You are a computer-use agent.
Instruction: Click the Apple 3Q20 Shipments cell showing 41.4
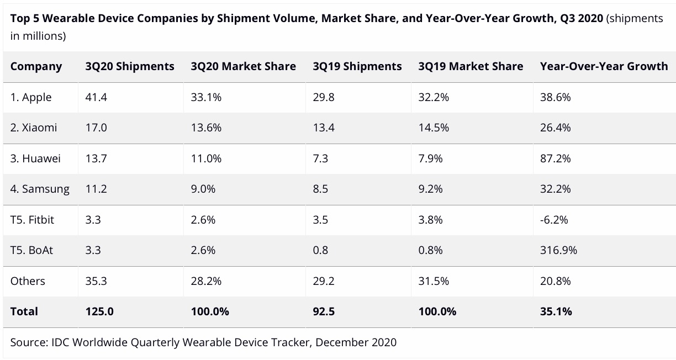[96, 97]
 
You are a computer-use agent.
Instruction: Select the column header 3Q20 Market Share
[243, 66]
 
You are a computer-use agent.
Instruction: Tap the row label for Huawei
[35, 158]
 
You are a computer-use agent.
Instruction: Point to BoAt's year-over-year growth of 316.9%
[558, 250]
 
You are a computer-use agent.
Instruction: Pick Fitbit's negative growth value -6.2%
[553, 220]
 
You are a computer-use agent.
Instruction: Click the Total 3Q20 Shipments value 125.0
[99, 311]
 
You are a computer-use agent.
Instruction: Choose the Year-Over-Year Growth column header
[604, 66]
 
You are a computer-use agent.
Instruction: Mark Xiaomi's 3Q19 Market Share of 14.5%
[434, 128]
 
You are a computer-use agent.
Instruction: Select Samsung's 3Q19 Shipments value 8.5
[320, 189]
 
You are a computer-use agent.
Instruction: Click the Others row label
[28, 281]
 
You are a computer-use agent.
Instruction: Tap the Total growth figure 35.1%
[556, 311]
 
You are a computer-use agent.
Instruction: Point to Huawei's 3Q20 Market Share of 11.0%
[206, 158]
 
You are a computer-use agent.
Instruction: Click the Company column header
[36, 66]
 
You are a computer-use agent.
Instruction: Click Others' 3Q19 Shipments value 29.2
[324, 281]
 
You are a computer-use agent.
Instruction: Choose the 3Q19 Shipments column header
[357, 66]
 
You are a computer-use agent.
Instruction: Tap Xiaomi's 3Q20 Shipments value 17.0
[96, 128]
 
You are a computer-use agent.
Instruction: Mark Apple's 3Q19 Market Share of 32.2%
[434, 97]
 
